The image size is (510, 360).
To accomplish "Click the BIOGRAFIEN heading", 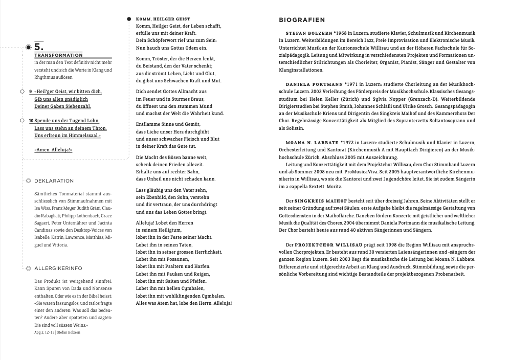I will tap(302, 20).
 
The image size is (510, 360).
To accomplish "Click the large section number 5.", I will tap(39, 46).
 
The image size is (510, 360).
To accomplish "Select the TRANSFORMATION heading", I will tap(58, 55).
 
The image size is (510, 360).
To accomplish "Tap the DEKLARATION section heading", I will tap(54, 181).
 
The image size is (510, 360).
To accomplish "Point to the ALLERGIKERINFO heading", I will tap(58, 268).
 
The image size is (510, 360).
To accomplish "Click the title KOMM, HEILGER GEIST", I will tap(163, 19).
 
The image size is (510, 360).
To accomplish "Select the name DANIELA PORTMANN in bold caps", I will tap(314, 82).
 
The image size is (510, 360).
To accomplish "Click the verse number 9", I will tap(31, 92).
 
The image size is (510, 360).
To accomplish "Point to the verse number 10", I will tap(31, 121).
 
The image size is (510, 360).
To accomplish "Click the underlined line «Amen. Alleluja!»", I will tap(53, 150).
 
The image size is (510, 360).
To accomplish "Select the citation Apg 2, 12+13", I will tap(45, 332).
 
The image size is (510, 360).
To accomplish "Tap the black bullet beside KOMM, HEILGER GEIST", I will tap(129, 19).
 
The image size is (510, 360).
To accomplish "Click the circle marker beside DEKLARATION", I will tap(28, 181).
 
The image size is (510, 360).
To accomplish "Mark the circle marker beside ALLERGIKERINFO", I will tap(28, 268).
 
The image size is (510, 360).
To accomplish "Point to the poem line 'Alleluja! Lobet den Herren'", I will tap(164, 223).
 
